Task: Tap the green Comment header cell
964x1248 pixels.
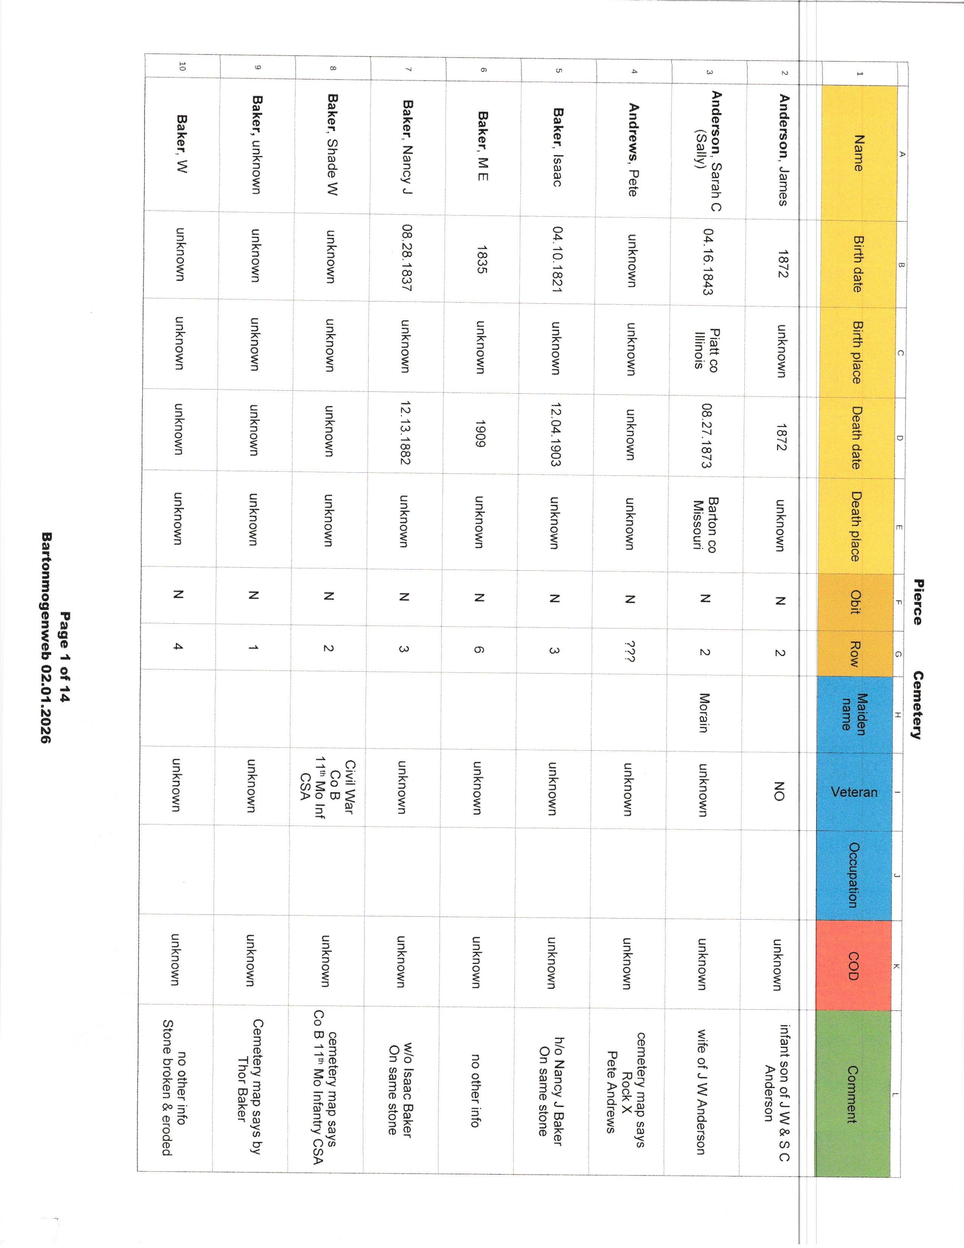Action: click(x=852, y=1094)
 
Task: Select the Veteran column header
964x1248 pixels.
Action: click(x=854, y=792)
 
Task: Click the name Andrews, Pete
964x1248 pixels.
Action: click(x=633, y=150)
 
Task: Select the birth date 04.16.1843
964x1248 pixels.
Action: click(x=708, y=262)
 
